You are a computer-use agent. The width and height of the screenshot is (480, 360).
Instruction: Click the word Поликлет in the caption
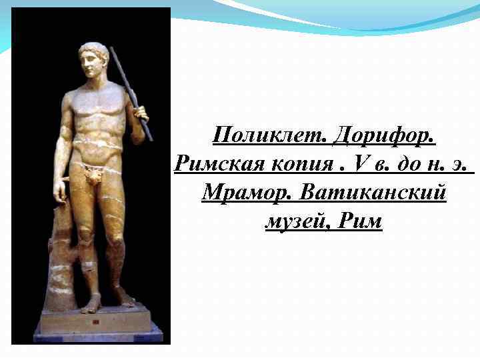tap(269, 136)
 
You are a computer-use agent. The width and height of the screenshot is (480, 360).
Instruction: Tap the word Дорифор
tap(384, 136)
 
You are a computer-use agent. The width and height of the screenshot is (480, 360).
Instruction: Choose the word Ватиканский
tap(373, 193)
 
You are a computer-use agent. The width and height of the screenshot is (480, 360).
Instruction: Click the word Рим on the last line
tap(360, 221)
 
